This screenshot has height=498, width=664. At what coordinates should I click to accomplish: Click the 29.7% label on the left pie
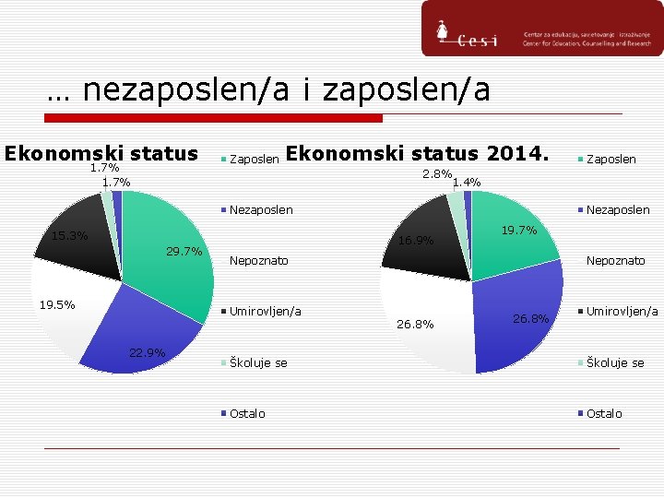tap(184, 252)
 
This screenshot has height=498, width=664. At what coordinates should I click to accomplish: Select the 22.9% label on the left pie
tap(147, 352)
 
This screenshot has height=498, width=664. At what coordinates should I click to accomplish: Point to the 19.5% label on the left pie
tap(56, 304)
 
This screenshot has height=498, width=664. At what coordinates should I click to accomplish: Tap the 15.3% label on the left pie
tap(69, 236)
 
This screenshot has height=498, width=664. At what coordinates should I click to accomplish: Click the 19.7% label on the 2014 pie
tap(518, 231)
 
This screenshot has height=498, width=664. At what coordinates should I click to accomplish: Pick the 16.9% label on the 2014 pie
tap(415, 242)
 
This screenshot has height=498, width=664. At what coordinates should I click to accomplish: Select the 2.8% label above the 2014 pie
tap(436, 174)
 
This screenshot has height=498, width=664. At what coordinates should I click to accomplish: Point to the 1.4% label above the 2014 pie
tap(466, 183)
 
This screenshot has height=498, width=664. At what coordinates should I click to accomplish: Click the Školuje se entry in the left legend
tap(257, 363)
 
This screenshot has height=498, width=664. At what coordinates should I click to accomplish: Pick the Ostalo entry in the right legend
tap(604, 414)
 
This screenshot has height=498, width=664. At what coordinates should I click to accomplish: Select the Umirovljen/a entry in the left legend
tap(265, 312)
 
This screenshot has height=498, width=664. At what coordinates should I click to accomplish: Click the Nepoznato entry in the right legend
tap(616, 261)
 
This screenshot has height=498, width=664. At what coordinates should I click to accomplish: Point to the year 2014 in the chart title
tap(517, 153)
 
